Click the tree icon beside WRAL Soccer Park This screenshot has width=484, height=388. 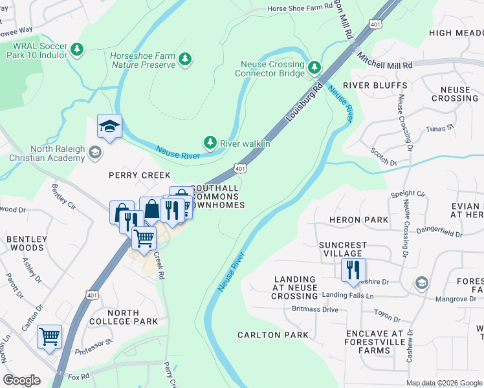tap(77, 49)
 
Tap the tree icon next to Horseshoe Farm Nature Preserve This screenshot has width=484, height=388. tap(186, 59)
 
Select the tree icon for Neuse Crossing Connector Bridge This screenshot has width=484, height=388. tap(314, 67)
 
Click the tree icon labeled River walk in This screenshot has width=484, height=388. tap(210, 142)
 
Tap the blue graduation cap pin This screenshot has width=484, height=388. tap(110, 127)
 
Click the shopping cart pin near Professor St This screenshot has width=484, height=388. tap(50, 338)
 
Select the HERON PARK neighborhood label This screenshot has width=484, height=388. tap(359, 220)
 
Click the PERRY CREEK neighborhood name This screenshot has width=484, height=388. tap(140, 175)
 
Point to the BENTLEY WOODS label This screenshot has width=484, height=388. tap(27, 243)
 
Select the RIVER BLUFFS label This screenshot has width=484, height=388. tap(375, 85)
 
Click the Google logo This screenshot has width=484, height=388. tap(21, 380)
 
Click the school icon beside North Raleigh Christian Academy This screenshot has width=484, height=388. tap(95, 153)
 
